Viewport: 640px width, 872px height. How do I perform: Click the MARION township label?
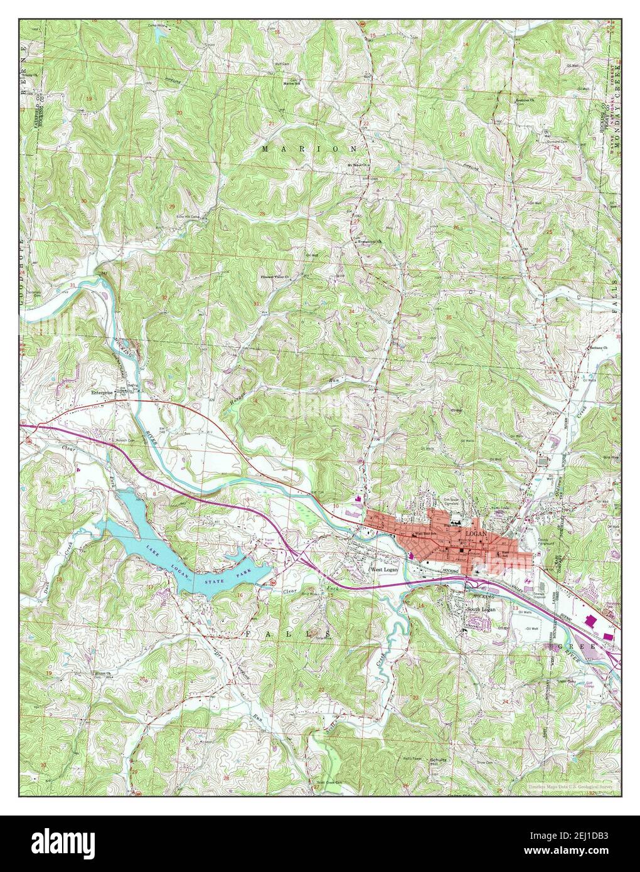click(309, 149)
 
